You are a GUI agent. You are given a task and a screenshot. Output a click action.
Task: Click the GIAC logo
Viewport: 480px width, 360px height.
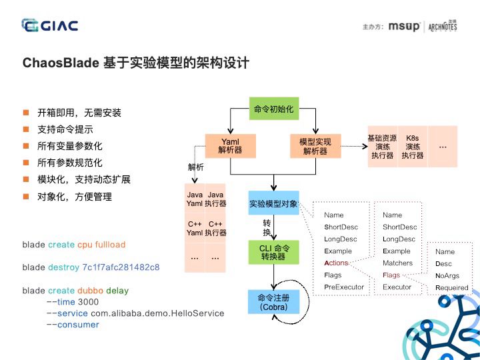pos(50,26)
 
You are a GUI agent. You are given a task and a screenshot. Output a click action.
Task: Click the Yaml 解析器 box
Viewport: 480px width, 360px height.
pos(229,146)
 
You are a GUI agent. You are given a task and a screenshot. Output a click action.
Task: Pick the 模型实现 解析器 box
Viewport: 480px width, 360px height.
pos(315,146)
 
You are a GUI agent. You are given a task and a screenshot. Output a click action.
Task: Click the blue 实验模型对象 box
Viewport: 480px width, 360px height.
pos(273,203)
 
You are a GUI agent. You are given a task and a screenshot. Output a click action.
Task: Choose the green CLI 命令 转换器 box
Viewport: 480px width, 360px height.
pos(273,253)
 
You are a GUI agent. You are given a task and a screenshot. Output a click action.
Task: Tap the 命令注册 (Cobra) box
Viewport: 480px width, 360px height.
pos(273,303)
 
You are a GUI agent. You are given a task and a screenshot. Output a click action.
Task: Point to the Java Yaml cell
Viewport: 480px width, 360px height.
pos(194,199)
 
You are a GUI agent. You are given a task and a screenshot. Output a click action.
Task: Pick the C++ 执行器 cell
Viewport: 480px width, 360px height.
pos(215,229)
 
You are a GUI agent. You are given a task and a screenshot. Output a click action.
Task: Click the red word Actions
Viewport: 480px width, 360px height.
pos(336,263)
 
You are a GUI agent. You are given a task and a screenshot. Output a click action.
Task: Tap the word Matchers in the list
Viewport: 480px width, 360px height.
pos(397,263)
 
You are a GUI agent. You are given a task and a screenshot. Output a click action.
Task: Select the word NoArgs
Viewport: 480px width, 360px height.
pos(446,275)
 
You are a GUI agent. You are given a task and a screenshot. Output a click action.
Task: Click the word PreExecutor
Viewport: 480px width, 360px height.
pos(344,287)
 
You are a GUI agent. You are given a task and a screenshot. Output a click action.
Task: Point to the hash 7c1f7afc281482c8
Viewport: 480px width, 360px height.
pos(121,267)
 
